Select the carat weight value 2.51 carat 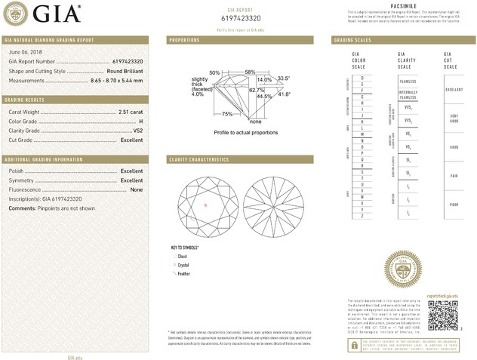[x=131, y=112]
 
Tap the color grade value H [x=140, y=121]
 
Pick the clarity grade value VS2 [x=137, y=131]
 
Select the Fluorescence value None [x=137, y=189]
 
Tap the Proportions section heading [x=184, y=38]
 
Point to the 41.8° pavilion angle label [x=284, y=94]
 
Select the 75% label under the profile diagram [x=227, y=113]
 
